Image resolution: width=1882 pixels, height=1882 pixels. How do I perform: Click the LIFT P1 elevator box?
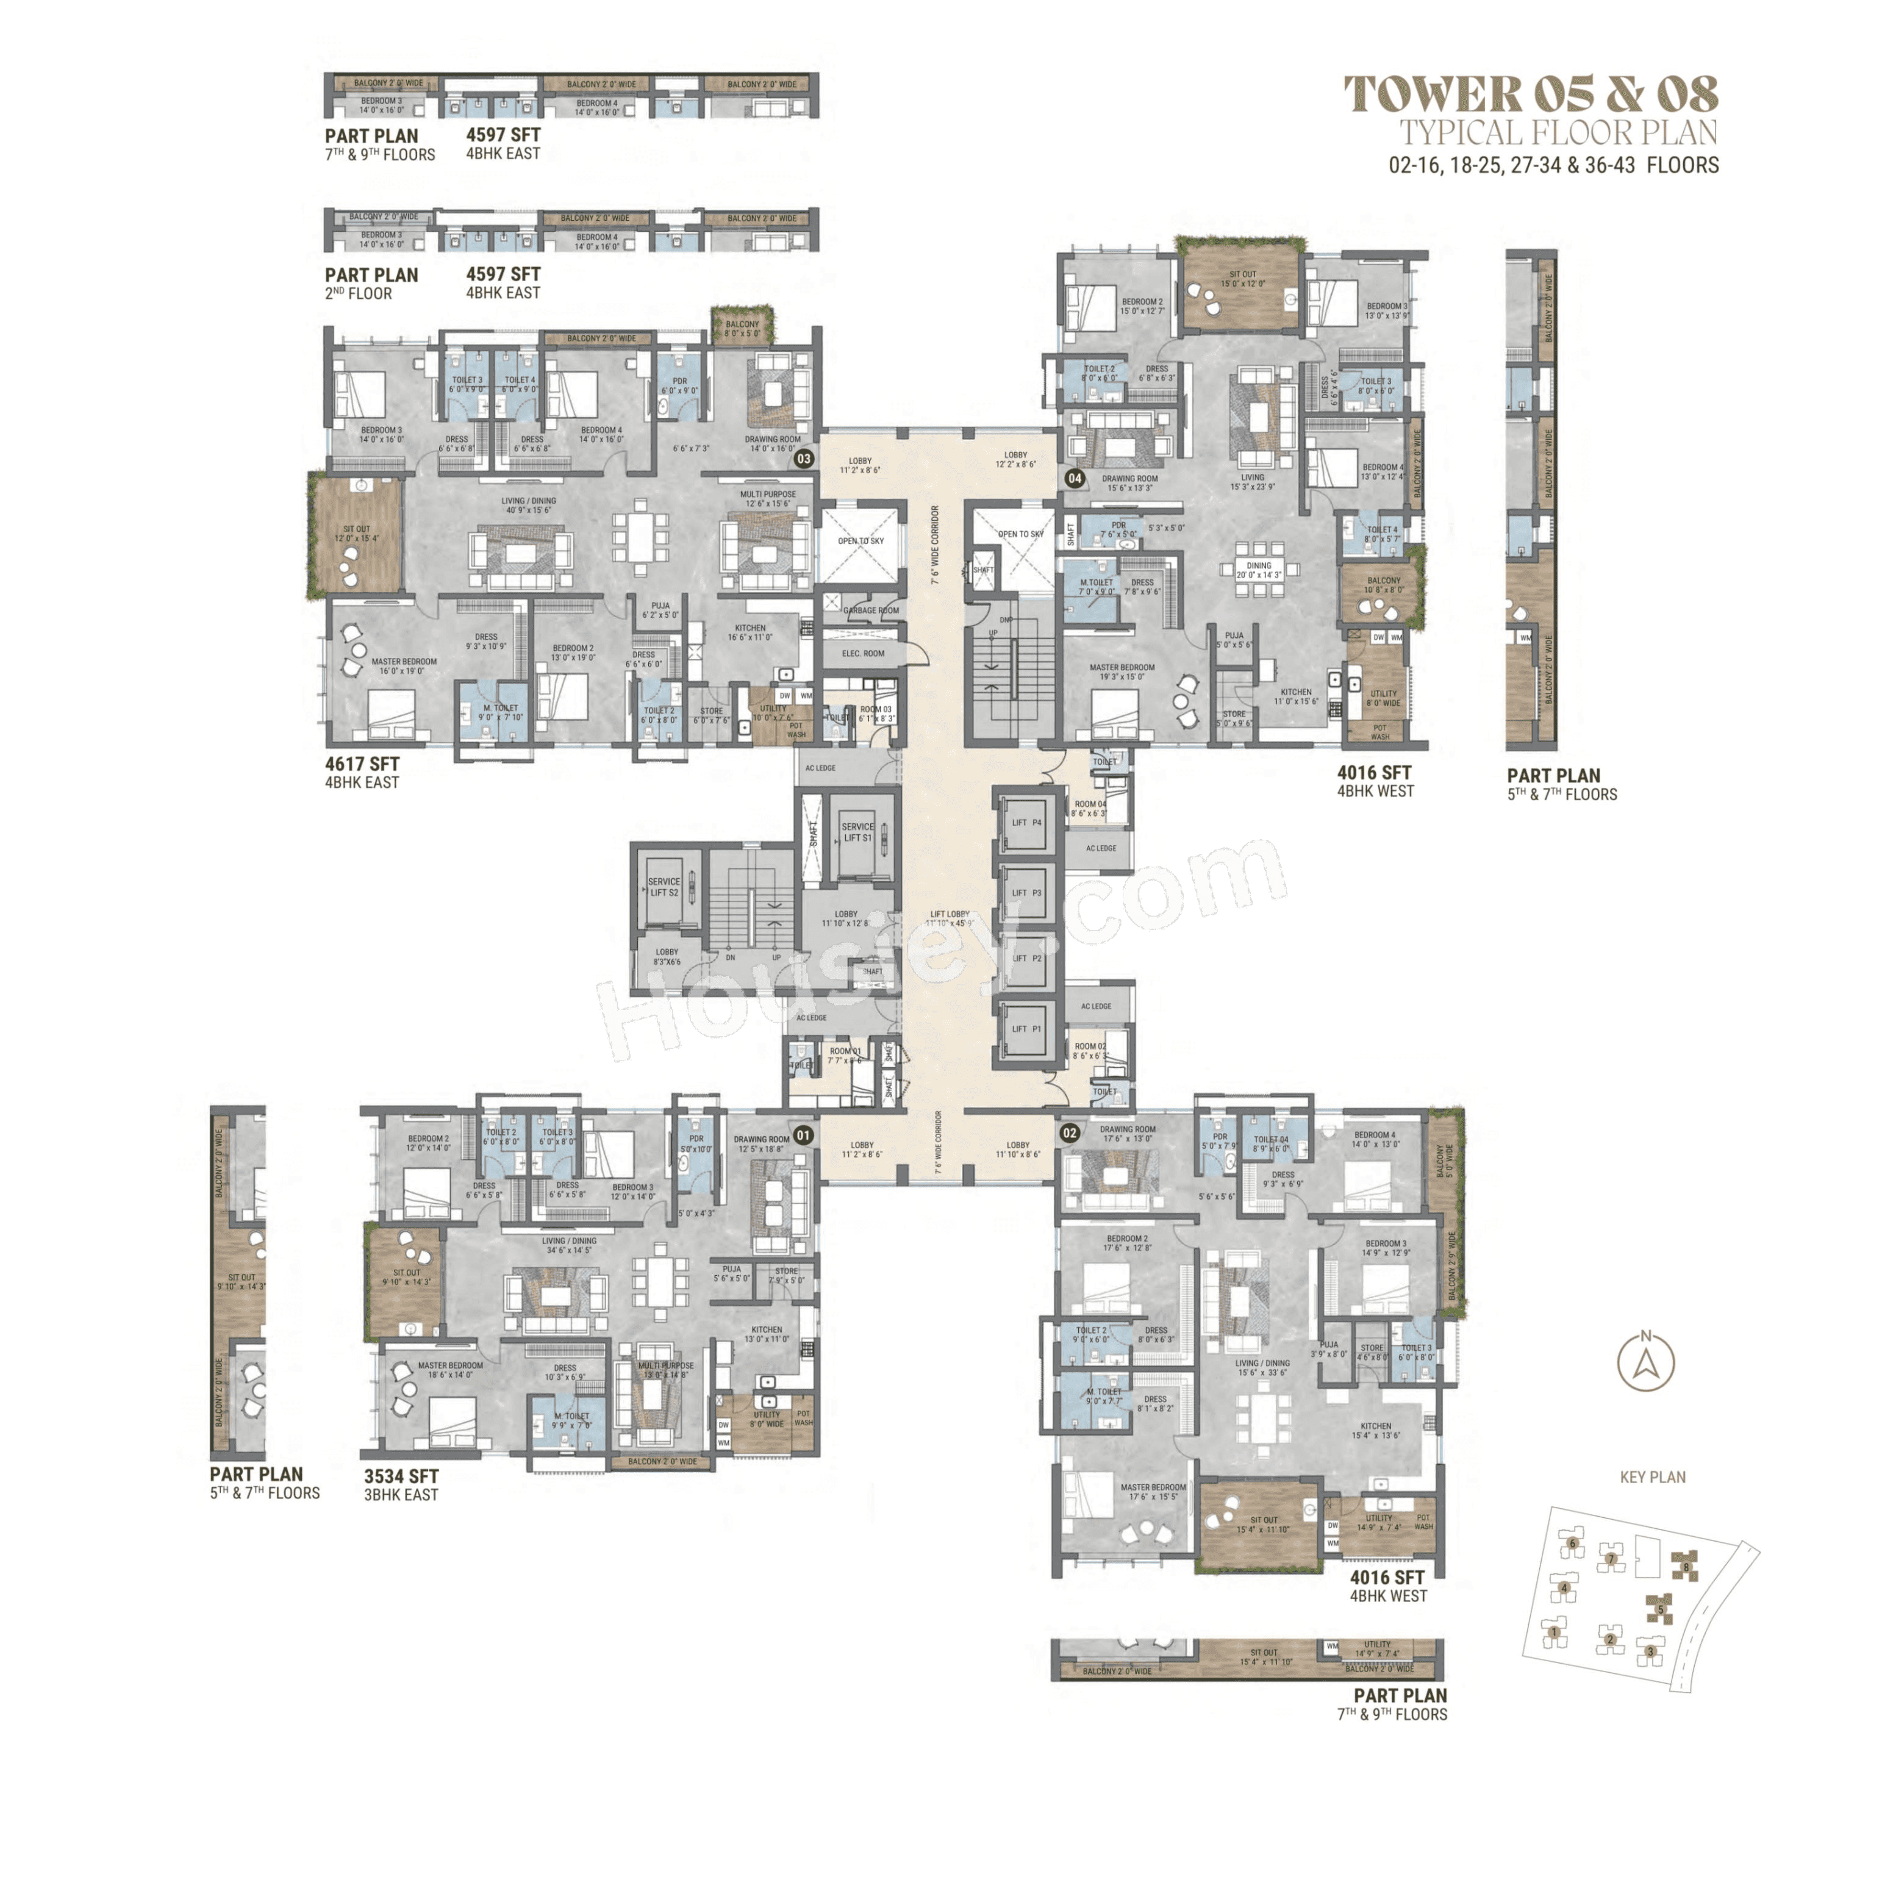click(x=1026, y=1029)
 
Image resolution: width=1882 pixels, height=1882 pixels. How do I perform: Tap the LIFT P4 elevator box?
click(x=1026, y=822)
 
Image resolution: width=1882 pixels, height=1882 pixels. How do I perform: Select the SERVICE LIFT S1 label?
click(x=857, y=832)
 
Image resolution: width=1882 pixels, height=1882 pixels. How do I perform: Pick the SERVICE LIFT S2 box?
click(x=664, y=887)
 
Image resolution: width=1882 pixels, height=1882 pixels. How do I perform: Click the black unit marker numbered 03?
click(x=804, y=458)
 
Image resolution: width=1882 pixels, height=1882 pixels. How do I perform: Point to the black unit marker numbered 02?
click(x=1070, y=1133)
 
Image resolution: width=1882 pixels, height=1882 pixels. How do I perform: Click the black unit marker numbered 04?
click(x=1075, y=478)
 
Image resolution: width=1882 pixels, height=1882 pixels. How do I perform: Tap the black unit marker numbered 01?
click(x=803, y=1135)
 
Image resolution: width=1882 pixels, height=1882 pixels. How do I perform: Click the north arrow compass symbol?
click(x=1645, y=1364)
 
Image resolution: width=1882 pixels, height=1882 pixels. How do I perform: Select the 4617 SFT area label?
click(x=362, y=765)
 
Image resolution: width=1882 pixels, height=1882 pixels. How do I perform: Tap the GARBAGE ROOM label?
click(x=870, y=611)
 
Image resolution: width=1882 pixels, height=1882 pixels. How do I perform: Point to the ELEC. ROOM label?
click(x=863, y=654)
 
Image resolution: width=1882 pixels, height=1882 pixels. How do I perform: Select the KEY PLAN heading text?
click(x=1652, y=1477)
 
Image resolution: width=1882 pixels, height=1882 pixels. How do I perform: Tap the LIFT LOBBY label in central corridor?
click(x=949, y=915)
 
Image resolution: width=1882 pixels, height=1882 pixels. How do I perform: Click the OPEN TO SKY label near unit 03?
click(x=861, y=541)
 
